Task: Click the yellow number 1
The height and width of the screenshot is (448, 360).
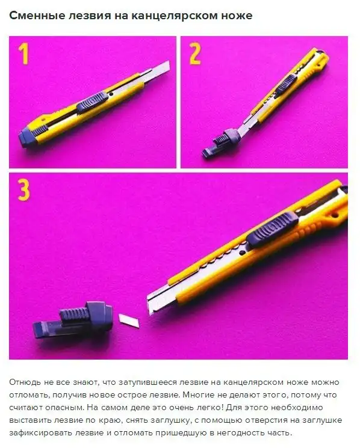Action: coord(23,54)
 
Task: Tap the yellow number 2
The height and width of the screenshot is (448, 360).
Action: coord(195,54)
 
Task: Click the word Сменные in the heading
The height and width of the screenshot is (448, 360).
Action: coord(36,16)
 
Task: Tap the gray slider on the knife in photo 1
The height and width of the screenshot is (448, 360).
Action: coord(92,103)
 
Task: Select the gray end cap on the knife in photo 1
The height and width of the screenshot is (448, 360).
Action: coord(28,137)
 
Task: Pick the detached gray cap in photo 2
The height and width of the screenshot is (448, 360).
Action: coord(221,143)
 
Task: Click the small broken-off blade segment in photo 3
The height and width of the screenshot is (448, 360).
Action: coord(129,321)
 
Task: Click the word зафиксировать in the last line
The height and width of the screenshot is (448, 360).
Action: coord(40,433)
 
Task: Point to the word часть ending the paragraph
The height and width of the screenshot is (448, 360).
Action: coord(279,432)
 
